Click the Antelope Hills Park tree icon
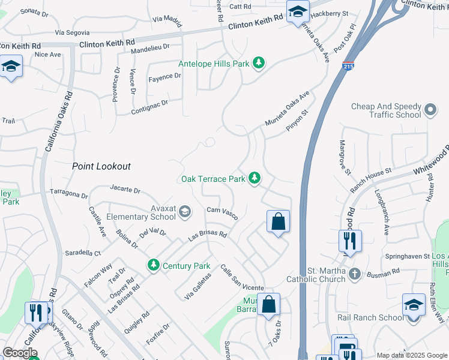point(259,63)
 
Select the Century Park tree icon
point(154,265)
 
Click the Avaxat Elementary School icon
point(185,211)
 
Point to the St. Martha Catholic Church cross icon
point(355,274)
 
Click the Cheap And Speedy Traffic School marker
point(430,110)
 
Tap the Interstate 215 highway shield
point(348,66)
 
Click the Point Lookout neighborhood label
point(101,166)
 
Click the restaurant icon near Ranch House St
point(349,241)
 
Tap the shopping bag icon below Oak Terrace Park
point(279,221)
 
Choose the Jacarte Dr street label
point(125,190)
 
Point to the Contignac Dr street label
point(149,106)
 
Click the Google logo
point(20,352)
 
